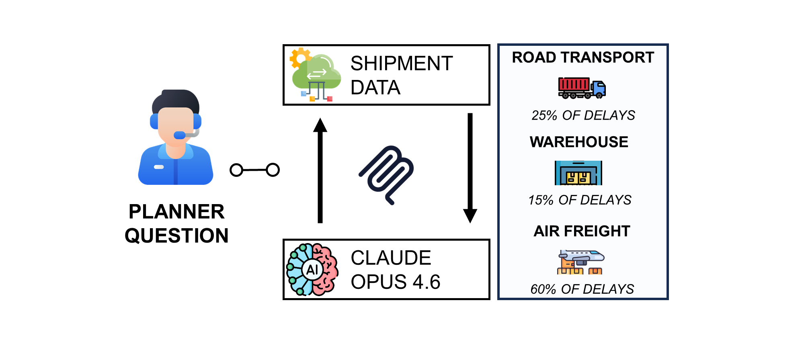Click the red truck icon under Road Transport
[582, 88]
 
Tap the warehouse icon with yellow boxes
[578, 173]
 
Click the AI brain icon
[312, 269]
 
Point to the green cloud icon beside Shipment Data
[317, 74]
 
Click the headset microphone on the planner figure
[180, 135]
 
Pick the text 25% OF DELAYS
[583, 115]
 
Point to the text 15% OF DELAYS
[580, 200]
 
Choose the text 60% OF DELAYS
[582, 289]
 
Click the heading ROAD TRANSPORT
[583, 57]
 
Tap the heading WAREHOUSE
[579, 142]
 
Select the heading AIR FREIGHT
[582, 231]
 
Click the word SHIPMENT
[402, 63]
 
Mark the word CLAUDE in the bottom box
[391, 258]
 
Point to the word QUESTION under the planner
[176, 235]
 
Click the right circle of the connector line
[273, 170]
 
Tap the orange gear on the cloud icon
[299, 57]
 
